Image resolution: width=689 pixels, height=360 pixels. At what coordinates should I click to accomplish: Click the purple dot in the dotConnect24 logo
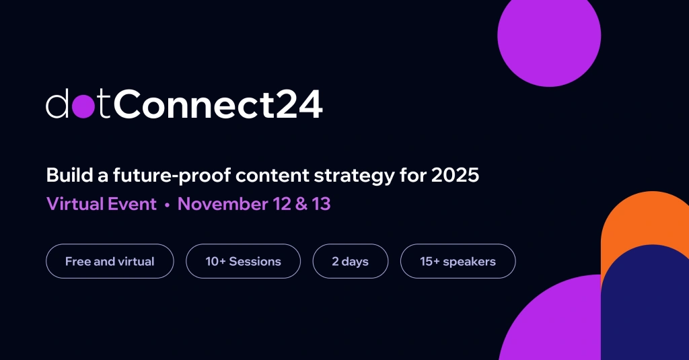coord(84,106)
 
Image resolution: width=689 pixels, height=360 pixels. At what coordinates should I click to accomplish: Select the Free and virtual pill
coord(110,261)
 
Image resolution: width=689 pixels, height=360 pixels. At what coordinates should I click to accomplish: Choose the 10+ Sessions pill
coord(243,261)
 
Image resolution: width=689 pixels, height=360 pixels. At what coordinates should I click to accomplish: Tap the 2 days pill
coord(350,261)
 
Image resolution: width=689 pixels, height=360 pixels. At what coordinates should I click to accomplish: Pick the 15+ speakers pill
coord(458,261)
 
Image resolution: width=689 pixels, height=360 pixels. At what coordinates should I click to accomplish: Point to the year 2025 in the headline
coord(456,176)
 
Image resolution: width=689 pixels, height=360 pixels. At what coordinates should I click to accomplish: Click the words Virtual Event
coord(101,204)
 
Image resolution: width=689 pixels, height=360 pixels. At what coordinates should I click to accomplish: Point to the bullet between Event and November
coord(167,205)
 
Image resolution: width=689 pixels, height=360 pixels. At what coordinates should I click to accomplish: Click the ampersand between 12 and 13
coord(303,204)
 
